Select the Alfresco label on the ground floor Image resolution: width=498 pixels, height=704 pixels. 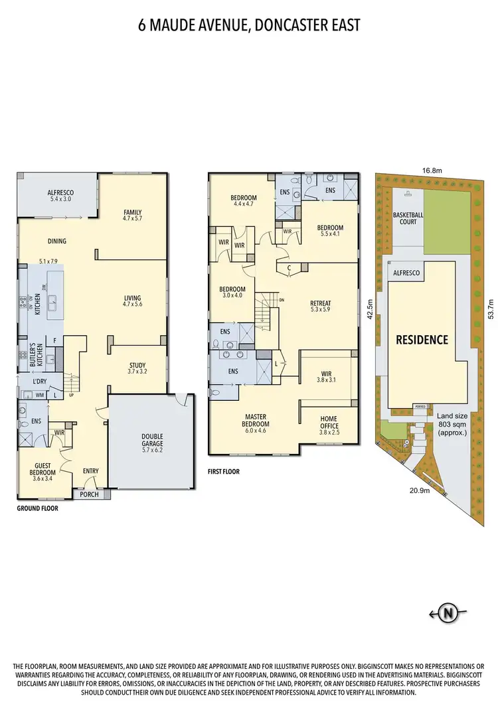click(x=58, y=194)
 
